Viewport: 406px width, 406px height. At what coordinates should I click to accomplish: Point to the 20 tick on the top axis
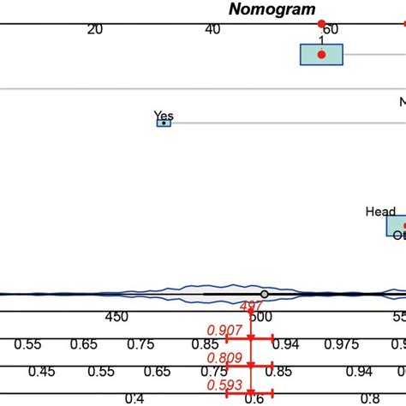pyautogui.click(x=94, y=29)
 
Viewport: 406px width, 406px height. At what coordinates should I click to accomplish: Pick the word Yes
pyautogui.click(x=163, y=115)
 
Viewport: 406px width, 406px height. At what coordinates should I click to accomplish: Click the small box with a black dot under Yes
pyautogui.click(x=163, y=123)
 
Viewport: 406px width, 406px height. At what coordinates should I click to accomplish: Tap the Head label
pyautogui.click(x=380, y=212)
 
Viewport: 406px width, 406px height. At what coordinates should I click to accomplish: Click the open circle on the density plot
pyautogui.click(x=264, y=294)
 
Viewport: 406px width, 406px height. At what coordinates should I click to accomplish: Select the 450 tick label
pyautogui.click(x=116, y=317)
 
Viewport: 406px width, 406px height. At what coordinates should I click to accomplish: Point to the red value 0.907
pyautogui.click(x=224, y=330)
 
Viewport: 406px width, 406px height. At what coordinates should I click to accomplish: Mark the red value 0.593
pyautogui.click(x=224, y=385)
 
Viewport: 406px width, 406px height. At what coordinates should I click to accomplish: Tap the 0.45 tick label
pyautogui.click(x=41, y=372)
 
